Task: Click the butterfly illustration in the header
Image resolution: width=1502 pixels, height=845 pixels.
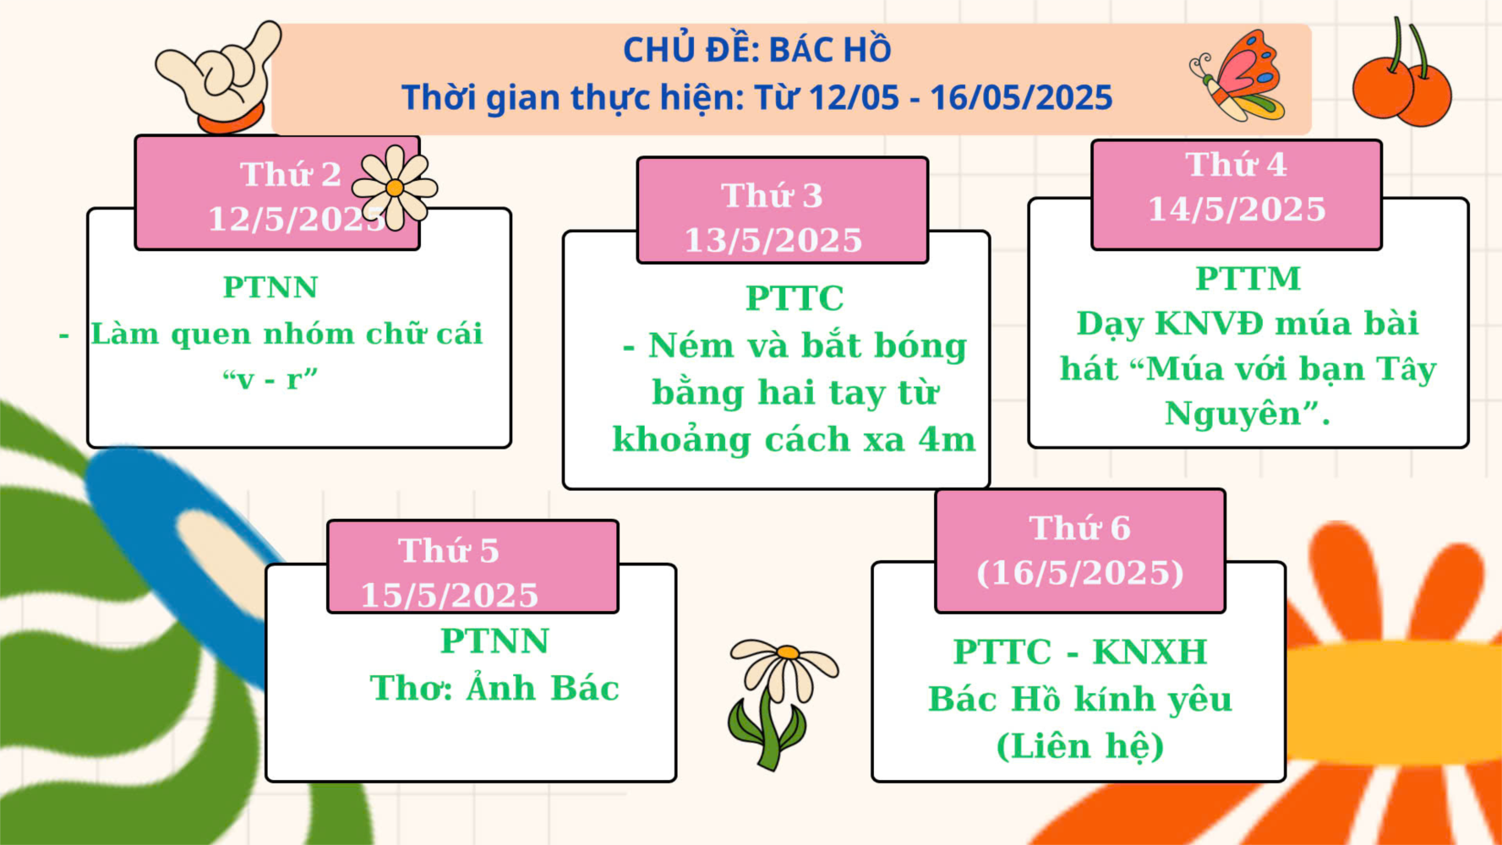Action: click(1238, 77)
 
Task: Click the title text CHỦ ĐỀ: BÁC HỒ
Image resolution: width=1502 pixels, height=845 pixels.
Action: click(757, 50)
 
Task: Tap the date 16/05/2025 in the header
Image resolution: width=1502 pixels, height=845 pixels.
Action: click(1021, 97)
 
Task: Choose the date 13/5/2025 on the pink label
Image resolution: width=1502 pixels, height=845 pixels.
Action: click(773, 241)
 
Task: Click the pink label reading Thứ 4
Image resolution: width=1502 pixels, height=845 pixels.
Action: click(1236, 194)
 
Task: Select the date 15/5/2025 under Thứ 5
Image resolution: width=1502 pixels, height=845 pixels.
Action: click(449, 596)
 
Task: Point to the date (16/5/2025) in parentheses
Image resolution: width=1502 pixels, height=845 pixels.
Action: click(1080, 573)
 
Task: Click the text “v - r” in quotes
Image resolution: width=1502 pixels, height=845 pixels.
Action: click(270, 379)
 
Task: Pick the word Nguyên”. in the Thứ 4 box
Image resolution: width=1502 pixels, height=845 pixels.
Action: click(1248, 414)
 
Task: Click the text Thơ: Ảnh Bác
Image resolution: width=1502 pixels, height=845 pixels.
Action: click(494, 688)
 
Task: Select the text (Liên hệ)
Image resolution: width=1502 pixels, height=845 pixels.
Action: click(1080, 746)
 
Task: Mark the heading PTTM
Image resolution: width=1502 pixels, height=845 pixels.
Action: click(1248, 279)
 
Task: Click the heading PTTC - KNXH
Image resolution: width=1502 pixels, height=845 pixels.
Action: click(1080, 652)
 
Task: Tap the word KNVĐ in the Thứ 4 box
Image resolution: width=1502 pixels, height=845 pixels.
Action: click(1210, 324)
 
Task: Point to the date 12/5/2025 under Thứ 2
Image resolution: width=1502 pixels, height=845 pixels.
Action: click(298, 220)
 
